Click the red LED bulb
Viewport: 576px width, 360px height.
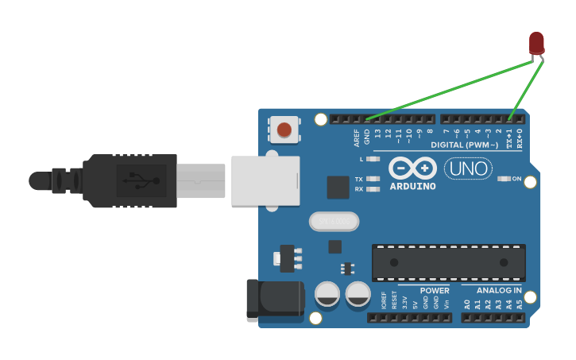click(x=537, y=43)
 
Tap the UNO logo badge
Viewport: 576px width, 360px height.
click(x=467, y=168)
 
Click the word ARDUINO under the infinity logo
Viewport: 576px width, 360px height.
click(x=412, y=187)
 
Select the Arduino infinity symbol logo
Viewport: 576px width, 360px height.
click(x=412, y=168)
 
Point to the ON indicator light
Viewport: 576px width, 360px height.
click(x=504, y=179)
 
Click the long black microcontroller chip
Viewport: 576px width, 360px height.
click(x=448, y=262)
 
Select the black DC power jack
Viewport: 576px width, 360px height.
click(x=274, y=300)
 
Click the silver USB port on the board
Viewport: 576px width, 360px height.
click(x=265, y=181)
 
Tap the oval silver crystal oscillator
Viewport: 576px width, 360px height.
click(x=334, y=221)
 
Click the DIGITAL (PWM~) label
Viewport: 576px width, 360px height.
click(x=465, y=145)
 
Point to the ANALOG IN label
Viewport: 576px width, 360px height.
click(x=499, y=291)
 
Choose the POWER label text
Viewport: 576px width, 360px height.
click(x=435, y=291)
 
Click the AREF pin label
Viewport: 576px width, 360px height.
click(x=357, y=137)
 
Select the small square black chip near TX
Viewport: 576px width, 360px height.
click(x=338, y=188)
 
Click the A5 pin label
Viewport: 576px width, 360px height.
click(x=520, y=304)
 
